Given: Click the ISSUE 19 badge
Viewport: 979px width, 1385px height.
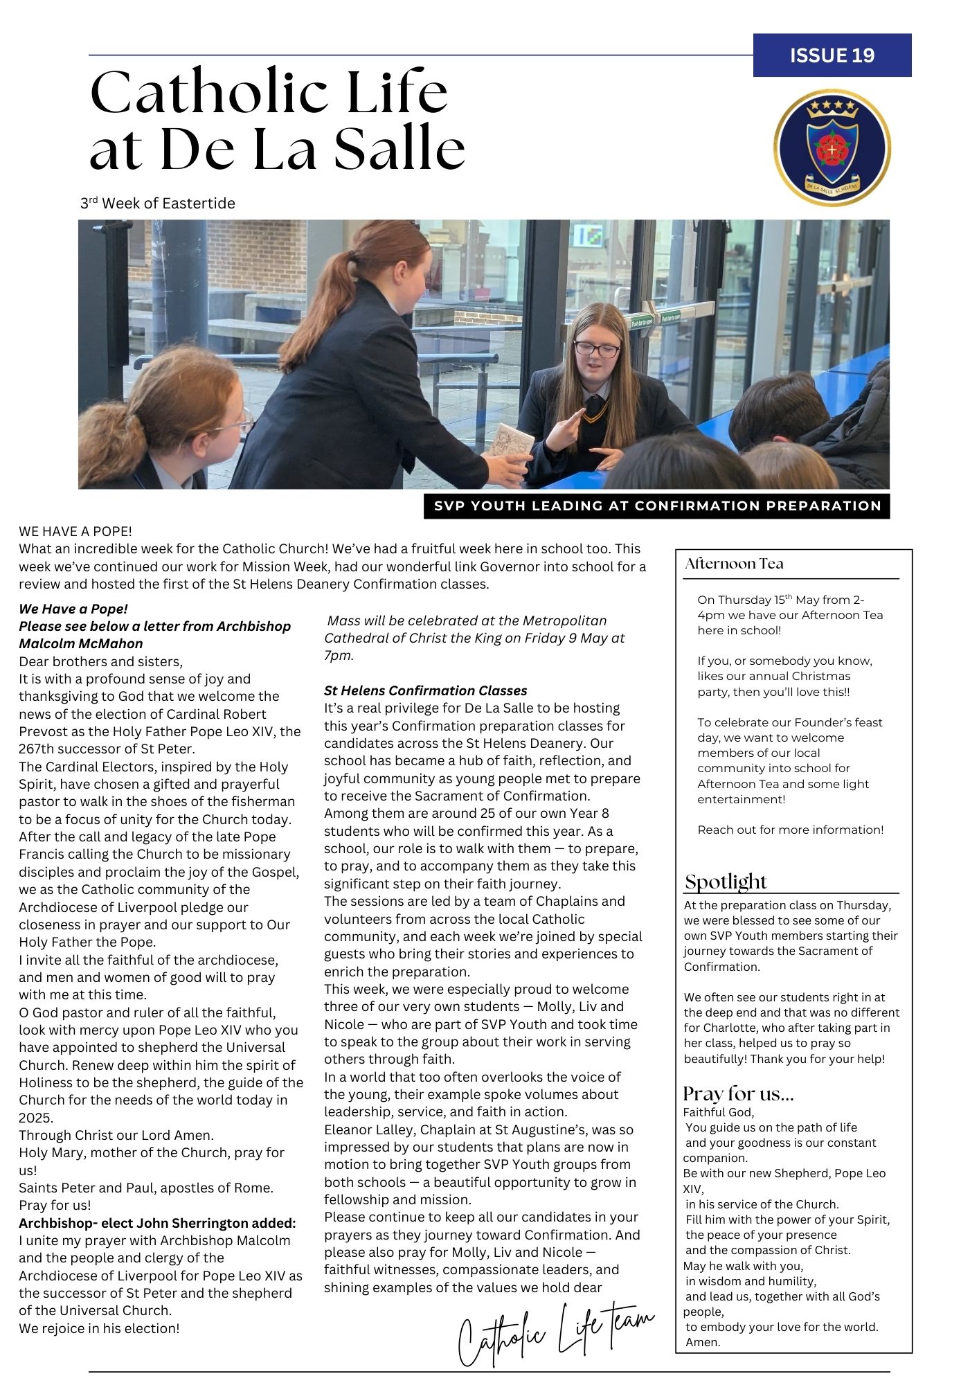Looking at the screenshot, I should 832,55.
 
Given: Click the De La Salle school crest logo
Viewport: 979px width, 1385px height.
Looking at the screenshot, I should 832,149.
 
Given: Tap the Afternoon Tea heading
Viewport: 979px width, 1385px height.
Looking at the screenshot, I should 734,564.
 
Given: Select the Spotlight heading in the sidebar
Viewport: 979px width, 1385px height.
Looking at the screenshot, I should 726,882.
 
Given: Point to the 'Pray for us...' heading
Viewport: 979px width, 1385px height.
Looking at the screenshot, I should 738,1093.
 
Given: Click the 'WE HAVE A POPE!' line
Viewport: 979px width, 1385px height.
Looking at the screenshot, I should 75,531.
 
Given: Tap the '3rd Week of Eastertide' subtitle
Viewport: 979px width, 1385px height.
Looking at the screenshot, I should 158,204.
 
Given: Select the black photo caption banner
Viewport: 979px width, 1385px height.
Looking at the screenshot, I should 656,506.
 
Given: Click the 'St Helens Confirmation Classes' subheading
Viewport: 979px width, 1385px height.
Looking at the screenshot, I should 425,690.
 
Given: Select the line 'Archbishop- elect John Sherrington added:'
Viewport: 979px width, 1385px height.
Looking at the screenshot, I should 157,1223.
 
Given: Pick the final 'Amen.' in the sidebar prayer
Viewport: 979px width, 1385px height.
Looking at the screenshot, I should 703,1342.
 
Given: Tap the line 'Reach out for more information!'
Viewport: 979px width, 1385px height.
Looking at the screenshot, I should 790,830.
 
